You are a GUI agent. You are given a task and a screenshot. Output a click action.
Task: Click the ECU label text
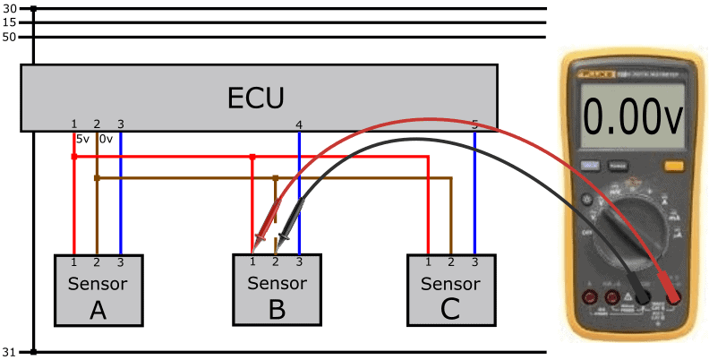click(x=258, y=95)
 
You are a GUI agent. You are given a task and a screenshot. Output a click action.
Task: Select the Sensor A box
click(x=98, y=296)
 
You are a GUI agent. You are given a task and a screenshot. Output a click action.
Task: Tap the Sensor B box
click(x=276, y=296)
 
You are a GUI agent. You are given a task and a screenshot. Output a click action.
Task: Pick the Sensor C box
click(x=450, y=296)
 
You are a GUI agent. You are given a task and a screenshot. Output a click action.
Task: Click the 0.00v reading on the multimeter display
click(x=631, y=116)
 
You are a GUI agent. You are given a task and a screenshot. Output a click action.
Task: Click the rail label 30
click(x=10, y=9)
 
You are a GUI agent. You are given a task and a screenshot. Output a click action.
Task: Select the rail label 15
click(x=10, y=22)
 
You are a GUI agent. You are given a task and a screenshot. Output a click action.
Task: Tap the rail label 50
click(x=10, y=37)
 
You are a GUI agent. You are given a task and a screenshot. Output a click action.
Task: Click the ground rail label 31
click(x=10, y=352)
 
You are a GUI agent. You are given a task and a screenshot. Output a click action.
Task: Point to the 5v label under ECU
click(x=81, y=140)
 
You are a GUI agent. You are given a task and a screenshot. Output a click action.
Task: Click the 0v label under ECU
click(x=106, y=140)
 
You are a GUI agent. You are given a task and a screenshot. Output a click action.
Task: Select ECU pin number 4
click(x=298, y=124)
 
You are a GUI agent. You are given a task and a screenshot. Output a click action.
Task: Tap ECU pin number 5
click(x=474, y=124)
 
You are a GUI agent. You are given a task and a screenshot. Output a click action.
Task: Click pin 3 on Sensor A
click(x=120, y=261)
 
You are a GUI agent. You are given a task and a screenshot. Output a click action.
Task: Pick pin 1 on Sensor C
click(x=429, y=261)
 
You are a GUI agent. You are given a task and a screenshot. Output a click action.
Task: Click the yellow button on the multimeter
click(x=673, y=165)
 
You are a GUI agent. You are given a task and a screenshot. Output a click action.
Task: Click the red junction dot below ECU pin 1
click(x=73, y=157)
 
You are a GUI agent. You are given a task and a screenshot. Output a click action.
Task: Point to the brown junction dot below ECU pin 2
click(x=97, y=178)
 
